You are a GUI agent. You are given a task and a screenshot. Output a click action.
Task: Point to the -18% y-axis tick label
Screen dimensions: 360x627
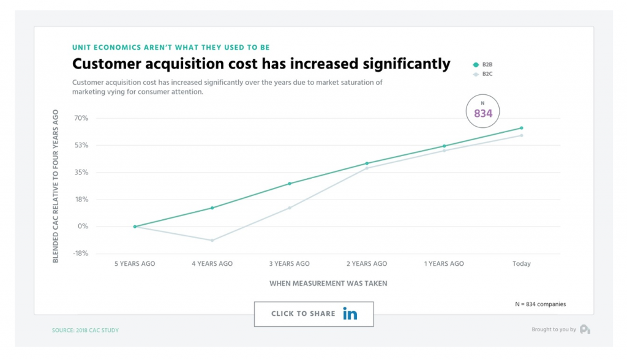(x=80, y=253)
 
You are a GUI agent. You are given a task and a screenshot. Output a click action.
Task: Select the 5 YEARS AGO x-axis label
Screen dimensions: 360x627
(x=135, y=264)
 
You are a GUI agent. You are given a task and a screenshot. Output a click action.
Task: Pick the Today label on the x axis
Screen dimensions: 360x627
(x=521, y=264)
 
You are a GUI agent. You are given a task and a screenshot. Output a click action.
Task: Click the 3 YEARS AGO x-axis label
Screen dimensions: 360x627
(x=290, y=264)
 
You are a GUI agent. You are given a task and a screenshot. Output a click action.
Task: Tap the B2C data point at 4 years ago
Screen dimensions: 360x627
(x=212, y=241)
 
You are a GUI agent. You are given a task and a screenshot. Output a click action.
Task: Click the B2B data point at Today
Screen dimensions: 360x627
(x=522, y=128)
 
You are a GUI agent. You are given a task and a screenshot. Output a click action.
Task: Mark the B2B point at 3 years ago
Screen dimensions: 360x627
(x=290, y=184)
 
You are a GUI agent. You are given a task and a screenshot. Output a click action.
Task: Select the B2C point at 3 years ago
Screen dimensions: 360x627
(x=290, y=208)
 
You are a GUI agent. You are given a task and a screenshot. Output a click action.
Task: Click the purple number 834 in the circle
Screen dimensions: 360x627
(x=482, y=114)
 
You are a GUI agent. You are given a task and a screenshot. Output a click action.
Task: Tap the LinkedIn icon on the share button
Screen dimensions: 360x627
(x=350, y=314)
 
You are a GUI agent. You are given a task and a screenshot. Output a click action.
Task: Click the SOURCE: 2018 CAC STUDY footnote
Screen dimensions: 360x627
(x=85, y=331)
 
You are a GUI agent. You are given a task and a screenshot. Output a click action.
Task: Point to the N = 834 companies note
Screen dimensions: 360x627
(x=540, y=304)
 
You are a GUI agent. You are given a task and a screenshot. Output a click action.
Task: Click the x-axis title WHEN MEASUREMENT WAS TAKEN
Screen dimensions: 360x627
(x=328, y=283)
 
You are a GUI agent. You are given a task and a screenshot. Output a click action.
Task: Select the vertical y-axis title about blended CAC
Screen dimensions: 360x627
(x=56, y=186)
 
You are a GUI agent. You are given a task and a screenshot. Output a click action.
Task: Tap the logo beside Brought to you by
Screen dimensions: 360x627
(x=584, y=329)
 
